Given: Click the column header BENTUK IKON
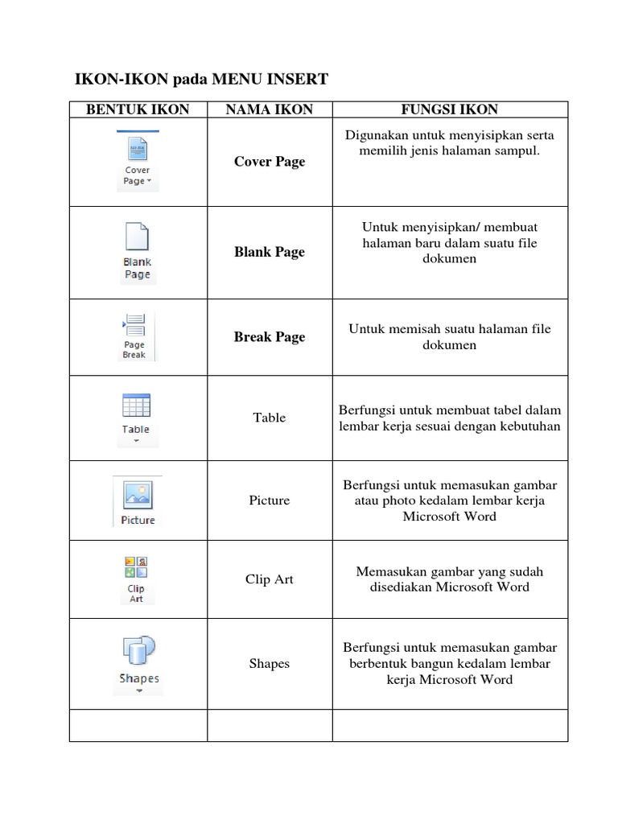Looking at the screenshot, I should pos(138,109).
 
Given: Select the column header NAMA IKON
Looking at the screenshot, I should pos(270,109).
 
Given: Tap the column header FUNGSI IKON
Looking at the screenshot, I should pos(450,109).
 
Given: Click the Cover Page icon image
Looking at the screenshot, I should pos(137,161).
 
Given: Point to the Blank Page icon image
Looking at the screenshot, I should pos(137,252).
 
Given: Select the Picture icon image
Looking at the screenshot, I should pos(138,500).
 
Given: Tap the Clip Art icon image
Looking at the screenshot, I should pos(136,579).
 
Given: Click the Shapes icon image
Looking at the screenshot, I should pos(138,662).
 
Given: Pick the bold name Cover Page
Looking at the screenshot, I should pos(270,162).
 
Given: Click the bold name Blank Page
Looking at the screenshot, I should pos(270,252).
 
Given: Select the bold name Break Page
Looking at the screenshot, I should pos(270,337).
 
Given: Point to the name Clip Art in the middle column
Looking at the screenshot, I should pos(270,579).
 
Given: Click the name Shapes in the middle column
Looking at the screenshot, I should pos(270,664).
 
